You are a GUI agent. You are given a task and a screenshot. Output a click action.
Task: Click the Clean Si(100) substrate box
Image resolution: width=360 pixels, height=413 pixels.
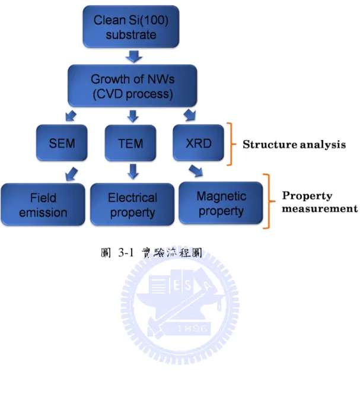pyautogui.click(x=131, y=27)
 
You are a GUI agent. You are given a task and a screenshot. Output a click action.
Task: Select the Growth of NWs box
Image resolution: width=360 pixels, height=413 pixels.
pyautogui.click(x=132, y=85)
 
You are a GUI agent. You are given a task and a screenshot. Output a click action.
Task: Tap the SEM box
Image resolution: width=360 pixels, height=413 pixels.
pyautogui.click(x=62, y=143)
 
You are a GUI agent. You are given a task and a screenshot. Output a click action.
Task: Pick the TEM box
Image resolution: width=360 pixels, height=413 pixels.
pyautogui.click(x=130, y=143)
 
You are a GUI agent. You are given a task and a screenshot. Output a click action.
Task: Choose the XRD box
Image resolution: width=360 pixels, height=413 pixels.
pyautogui.click(x=199, y=143)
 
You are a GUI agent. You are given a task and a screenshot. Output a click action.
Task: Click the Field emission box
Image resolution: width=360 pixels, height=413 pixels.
pyautogui.click(x=43, y=204)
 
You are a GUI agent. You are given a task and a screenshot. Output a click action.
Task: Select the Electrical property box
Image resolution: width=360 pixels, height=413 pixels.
pyautogui.click(x=132, y=204)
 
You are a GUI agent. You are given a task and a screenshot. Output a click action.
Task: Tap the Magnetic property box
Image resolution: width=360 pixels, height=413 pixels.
pyautogui.click(x=221, y=203)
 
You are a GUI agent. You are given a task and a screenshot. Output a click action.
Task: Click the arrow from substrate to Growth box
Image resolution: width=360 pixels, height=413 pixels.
pyautogui.click(x=134, y=56)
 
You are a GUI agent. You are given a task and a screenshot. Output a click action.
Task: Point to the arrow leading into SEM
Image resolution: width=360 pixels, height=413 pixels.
pyautogui.click(x=71, y=116)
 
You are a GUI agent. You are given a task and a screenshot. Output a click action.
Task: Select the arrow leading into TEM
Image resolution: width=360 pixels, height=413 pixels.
pyautogui.click(x=133, y=116)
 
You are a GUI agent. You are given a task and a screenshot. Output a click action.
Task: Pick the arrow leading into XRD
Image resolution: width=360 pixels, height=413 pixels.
pyautogui.click(x=190, y=115)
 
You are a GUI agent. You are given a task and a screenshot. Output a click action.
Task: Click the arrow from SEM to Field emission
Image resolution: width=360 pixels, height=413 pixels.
pyautogui.click(x=71, y=174)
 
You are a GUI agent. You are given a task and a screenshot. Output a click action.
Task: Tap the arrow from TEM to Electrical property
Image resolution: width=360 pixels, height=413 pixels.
pyautogui.click(x=133, y=171)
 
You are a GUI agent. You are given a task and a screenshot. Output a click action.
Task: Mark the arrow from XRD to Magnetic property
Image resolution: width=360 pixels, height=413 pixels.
pyautogui.click(x=196, y=171)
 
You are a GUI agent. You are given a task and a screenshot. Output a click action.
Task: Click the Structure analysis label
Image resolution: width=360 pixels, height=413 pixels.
pyautogui.click(x=294, y=144)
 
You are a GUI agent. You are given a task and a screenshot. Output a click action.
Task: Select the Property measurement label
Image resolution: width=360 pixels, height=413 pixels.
pyautogui.click(x=320, y=202)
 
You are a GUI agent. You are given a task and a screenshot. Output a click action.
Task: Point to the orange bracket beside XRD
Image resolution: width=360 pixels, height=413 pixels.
pyautogui.click(x=232, y=144)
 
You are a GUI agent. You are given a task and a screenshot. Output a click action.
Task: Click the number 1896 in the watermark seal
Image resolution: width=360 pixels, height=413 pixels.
pyautogui.click(x=193, y=329)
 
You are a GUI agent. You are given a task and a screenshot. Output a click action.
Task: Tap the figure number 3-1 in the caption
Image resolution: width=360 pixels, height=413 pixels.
pyautogui.click(x=126, y=253)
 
